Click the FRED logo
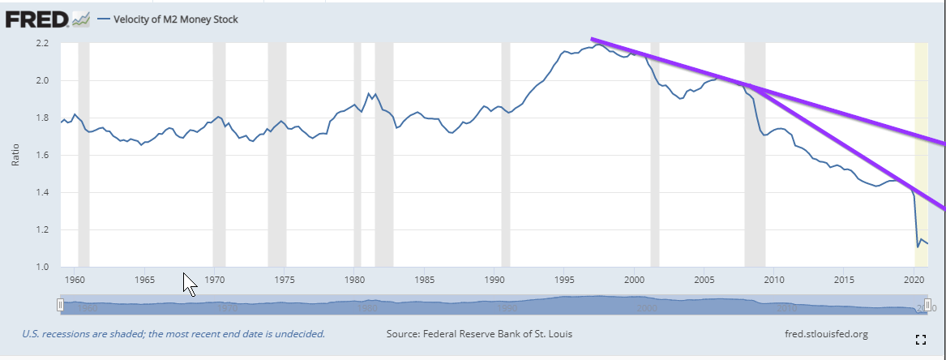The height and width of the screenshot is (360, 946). pos(36,18)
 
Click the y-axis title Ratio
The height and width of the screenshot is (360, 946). pos(15,155)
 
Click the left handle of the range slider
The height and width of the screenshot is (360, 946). pos(60,305)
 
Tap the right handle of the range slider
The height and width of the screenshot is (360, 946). pos(927,305)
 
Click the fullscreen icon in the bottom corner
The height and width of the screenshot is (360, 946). pos(920,340)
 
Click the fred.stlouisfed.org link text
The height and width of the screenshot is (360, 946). pos(822,334)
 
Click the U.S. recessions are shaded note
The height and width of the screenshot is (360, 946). pos(173,334)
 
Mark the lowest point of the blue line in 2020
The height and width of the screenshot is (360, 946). pos(918,246)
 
